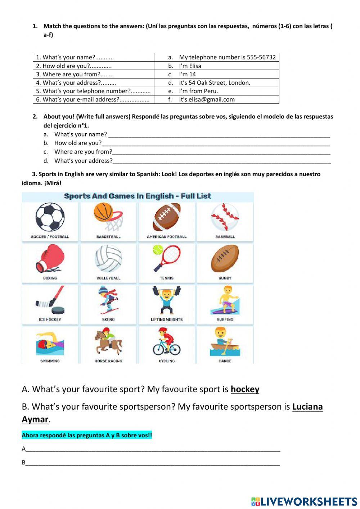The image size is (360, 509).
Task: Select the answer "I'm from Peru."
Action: [198, 91]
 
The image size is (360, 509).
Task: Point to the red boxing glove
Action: [50, 258]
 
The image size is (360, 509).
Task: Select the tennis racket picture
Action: [167, 258]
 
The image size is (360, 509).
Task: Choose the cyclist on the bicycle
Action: [167, 341]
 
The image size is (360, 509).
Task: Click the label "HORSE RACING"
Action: [108, 361]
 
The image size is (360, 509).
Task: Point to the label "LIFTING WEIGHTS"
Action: [167, 320]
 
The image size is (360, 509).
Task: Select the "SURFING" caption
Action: [225, 320]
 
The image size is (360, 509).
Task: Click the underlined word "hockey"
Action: [245, 389]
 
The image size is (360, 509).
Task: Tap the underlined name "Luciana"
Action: [307, 407]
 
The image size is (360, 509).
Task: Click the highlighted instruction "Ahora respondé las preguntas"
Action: [87, 435]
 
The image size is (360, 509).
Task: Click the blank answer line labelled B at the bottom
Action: [153, 463]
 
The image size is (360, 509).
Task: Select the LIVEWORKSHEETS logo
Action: [304, 501]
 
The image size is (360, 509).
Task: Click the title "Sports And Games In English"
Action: [137, 196]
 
